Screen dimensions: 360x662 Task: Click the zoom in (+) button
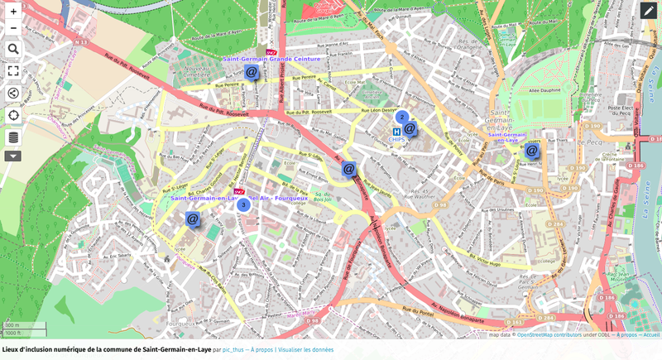click(13, 12)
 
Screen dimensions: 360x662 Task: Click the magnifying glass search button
click(13, 50)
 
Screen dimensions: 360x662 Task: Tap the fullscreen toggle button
click(13, 71)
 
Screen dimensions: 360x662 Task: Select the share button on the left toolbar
click(13, 93)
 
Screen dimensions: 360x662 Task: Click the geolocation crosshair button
click(13, 115)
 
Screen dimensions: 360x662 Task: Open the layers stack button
click(13, 137)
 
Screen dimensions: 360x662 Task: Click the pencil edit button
click(648, 11)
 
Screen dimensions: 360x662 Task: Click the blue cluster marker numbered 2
click(401, 118)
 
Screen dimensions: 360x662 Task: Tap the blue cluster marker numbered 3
click(243, 204)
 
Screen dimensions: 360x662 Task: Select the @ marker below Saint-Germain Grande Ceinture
click(252, 72)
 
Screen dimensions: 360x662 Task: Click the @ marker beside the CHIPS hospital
click(410, 128)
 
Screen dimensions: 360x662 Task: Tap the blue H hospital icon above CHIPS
click(396, 132)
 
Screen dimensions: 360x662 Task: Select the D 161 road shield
click(515, 322)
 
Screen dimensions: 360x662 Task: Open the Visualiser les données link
click(306, 350)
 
